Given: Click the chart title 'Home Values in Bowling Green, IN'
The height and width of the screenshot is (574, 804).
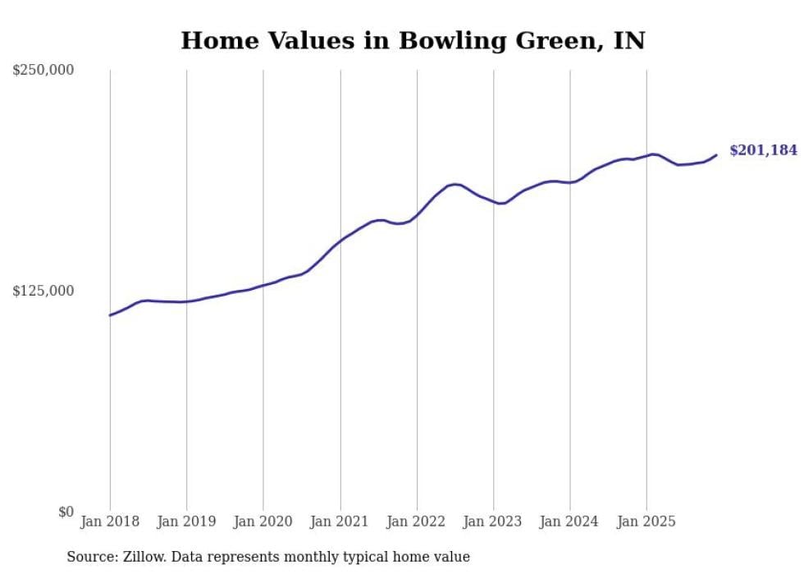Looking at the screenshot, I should pyautogui.click(x=413, y=40).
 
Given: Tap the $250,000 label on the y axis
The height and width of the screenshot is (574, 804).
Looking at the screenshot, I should pyautogui.click(x=43, y=71).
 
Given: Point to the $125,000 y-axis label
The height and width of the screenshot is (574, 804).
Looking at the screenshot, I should pyautogui.click(x=43, y=291).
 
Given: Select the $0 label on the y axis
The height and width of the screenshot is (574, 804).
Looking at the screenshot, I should pyautogui.click(x=66, y=512).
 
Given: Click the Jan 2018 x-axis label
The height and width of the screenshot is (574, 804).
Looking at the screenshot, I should pyautogui.click(x=110, y=521).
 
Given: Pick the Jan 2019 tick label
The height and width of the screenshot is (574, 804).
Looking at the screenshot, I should pyautogui.click(x=186, y=521).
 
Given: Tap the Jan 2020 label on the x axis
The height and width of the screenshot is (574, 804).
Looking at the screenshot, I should pyautogui.click(x=263, y=521).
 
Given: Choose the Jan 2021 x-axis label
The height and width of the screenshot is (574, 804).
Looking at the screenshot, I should pyautogui.click(x=340, y=521).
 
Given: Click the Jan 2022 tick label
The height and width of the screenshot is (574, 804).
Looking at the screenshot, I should pyautogui.click(x=417, y=521).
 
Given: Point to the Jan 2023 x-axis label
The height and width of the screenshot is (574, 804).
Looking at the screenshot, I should pyautogui.click(x=493, y=521).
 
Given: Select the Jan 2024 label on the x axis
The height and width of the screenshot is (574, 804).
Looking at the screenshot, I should pyautogui.click(x=570, y=521).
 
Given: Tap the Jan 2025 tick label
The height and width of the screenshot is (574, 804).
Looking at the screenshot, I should pyautogui.click(x=646, y=521).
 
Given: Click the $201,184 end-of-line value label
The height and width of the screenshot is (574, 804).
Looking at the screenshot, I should pyautogui.click(x=763, y=150).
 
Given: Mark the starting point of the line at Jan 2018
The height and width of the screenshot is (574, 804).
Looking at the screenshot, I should pyautogui.click(x=110, y=315).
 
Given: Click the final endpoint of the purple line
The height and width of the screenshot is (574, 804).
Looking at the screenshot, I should pyautogui.click(x=716, y=155).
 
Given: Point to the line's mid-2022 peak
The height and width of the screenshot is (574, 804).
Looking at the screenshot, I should pyautogui.click(x=455, y=184).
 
